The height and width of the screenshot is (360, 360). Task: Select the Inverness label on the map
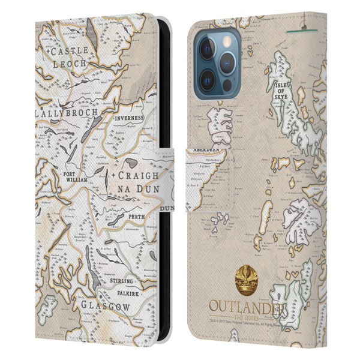click(x=127, y=119)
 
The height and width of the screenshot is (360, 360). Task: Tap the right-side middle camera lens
click(x=230, y=64)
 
